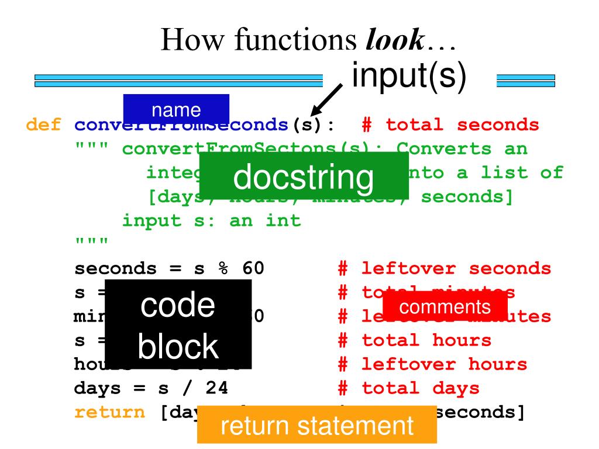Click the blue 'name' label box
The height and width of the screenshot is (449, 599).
point(176,109)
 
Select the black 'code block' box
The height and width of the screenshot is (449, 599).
point(178,324)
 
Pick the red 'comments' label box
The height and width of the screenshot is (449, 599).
point(445,306)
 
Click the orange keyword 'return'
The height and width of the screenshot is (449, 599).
point(109,413)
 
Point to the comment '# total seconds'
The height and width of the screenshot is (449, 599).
point(450,125)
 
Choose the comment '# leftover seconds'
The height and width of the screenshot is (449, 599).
point(445,269)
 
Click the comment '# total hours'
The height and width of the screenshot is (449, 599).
point(415,341)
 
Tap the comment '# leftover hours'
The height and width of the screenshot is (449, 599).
point(433,365)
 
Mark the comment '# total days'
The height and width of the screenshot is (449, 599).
point(408,389)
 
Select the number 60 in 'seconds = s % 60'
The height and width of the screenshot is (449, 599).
point(253,269)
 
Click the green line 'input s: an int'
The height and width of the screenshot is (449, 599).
point(211,221)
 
